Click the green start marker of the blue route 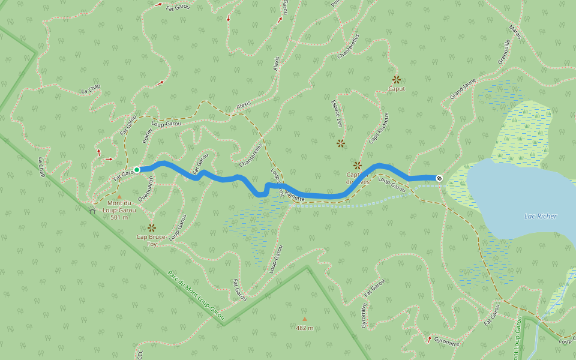pos(137,170)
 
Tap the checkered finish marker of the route pos(440,178)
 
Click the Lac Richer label pos(540,216)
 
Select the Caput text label pos(396,89)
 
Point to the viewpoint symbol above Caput pos(396,79)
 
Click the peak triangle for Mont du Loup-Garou pos(119,197)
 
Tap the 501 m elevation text pos(119,217)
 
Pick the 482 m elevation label pos(304,328)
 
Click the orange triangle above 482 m pos(304,319)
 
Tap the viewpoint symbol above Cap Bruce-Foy pos(151,227)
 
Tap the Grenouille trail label pos(503,52)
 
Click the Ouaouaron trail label pos(144,190)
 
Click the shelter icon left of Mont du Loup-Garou pos(92,211)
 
